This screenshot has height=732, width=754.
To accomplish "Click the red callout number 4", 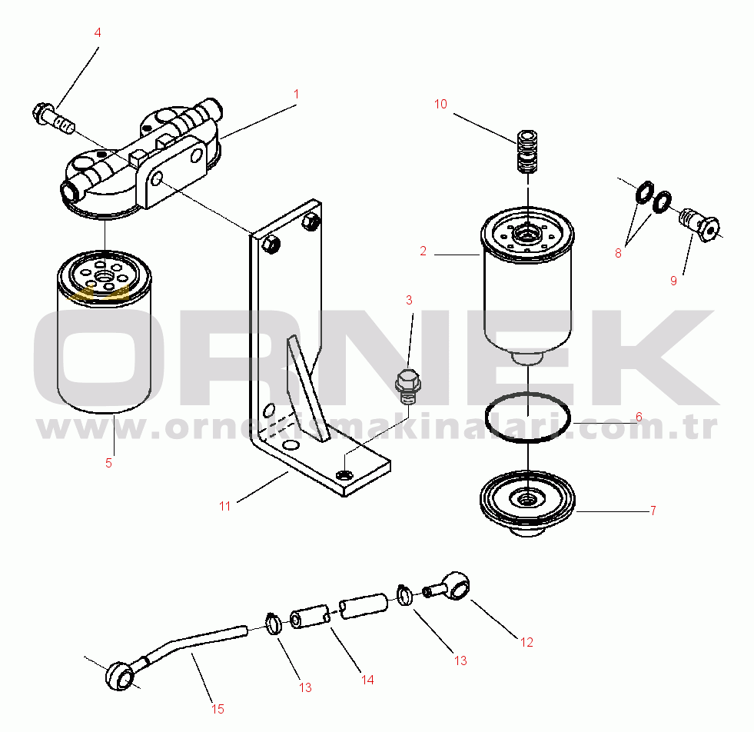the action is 98,33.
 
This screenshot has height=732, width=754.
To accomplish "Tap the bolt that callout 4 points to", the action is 53,118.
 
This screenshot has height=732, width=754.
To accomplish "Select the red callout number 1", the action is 297,94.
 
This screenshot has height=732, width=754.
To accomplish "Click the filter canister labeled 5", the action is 105,332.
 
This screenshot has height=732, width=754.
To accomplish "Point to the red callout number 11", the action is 225,506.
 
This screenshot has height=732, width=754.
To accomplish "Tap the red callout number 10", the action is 440,104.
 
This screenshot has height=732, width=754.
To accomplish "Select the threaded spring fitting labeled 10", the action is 527,151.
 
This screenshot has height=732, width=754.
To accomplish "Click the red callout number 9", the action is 673,281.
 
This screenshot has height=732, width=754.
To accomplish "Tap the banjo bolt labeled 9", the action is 699,224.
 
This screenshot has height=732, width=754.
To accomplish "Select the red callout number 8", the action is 619,253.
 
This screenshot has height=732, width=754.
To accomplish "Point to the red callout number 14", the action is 367,680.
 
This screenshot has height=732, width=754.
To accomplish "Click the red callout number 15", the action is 218,709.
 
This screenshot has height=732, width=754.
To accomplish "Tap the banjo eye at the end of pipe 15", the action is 120,676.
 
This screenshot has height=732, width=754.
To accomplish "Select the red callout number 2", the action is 424,251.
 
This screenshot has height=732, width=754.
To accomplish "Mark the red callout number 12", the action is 526,642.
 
